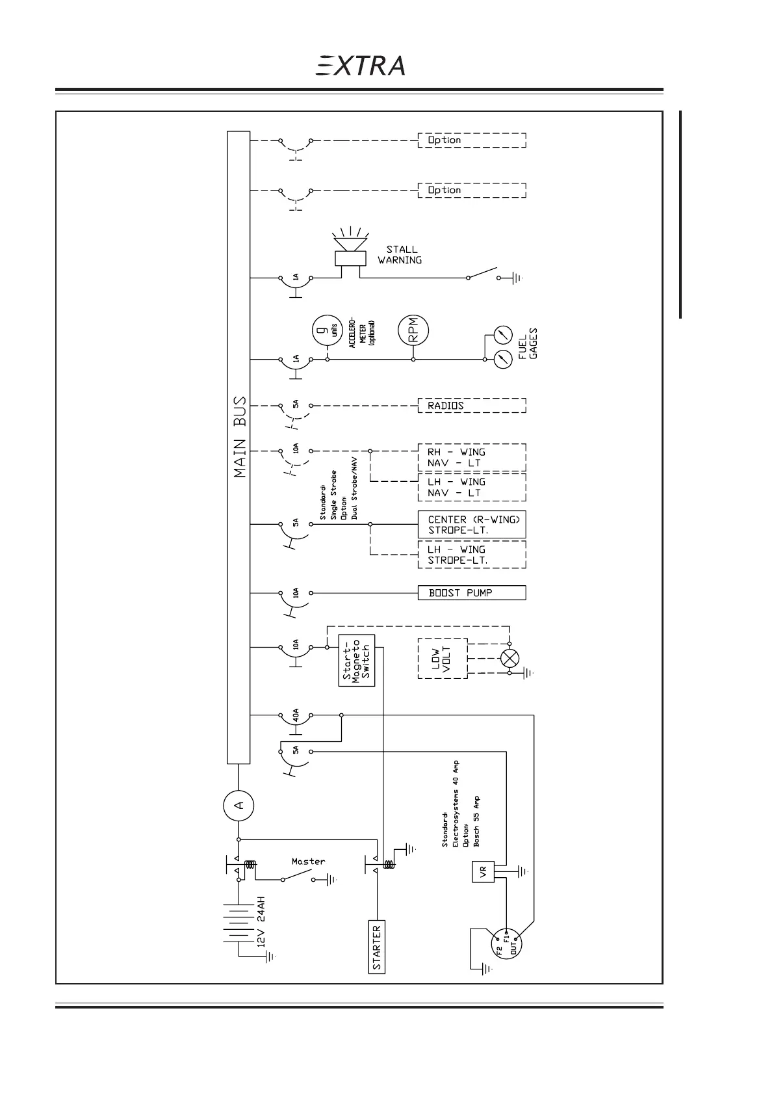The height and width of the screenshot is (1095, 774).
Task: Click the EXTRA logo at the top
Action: coord(361,65)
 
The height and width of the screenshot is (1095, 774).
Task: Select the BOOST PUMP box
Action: coord(471,593)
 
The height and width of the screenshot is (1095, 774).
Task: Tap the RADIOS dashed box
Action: coord(471,406)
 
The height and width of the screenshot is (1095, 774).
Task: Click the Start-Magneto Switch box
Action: coord(357,660)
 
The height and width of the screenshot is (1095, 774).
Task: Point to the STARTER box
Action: coord(377,946)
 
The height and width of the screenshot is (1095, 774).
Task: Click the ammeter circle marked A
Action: coord(239,806)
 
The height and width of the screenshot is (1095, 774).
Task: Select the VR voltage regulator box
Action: coord(483,872)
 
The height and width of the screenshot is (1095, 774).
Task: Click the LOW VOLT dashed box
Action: coord(442,659)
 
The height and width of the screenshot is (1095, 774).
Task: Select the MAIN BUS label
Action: coord(240,437)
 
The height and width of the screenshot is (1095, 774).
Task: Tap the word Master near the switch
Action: coord(308,862)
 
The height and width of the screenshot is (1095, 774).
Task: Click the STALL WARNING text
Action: coord(400,254)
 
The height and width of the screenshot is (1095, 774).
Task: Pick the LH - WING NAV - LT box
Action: coord(471,487)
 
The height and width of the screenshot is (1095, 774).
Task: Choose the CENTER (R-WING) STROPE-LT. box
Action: coord(471,524)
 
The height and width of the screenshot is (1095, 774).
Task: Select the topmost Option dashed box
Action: coord(471,140)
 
